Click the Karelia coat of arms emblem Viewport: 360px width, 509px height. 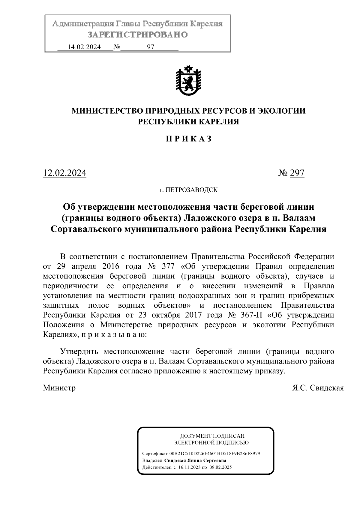(188, 80)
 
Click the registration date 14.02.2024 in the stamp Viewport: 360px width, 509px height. (84, 47)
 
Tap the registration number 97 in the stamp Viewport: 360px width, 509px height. (151, 47)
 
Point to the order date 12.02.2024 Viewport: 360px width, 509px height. (65, 173)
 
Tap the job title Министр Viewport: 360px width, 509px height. (59, 388)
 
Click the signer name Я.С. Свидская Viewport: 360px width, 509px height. (318, 388)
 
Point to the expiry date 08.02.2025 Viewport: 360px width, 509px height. (220, 467)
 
